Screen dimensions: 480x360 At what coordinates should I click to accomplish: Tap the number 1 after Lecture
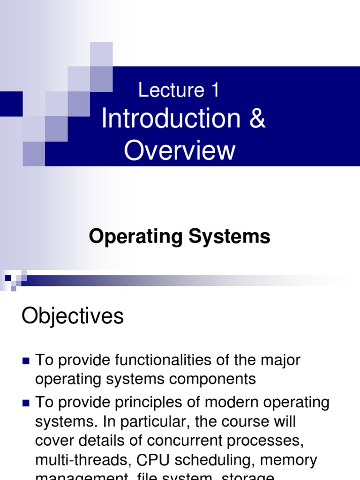point(215,90)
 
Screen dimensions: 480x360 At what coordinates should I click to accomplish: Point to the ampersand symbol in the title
point(257,119)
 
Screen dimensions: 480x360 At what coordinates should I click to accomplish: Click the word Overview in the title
point(180,151)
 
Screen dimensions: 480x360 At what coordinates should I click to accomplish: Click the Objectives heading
point(73,317)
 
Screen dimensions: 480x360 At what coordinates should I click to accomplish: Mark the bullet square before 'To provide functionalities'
point(26,361)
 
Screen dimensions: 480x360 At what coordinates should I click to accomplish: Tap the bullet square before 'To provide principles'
point(26,403)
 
